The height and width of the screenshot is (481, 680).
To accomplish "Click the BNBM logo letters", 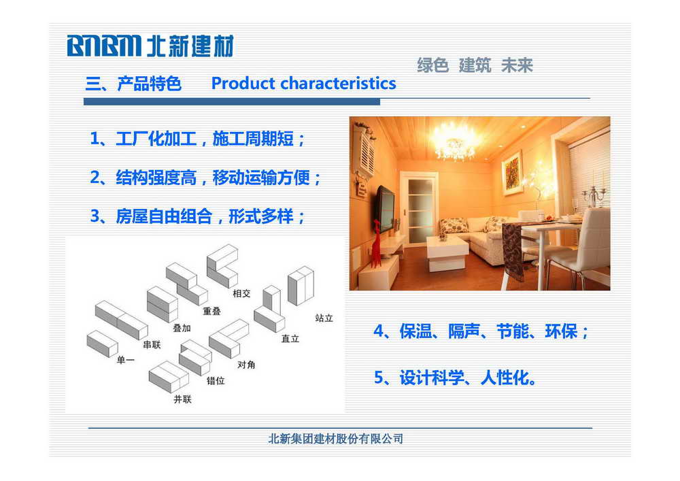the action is click(x=104, y=46).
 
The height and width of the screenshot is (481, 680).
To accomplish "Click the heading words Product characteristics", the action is click(x=303, y=83).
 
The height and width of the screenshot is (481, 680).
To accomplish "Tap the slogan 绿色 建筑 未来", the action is click(x=475, y=65).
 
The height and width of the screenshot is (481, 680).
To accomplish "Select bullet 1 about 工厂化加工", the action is click(x=197, y=139).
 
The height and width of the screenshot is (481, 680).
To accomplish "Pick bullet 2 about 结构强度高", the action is click(x=205, y=178).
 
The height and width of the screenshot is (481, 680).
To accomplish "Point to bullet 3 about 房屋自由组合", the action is click(x=197, y=216).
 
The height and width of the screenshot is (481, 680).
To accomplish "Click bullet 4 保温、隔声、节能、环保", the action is click(x=481, y=331).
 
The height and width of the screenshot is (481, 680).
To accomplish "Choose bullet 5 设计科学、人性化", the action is click(x=455, y=378).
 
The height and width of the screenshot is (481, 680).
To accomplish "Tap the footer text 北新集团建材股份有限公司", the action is click(x=336, y=439).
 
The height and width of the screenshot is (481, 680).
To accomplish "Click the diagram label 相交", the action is click(x=241, y=294).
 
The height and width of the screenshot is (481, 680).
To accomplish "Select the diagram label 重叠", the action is click(x=211, y=311).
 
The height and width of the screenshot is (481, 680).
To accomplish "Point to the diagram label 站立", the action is click(x=324, y=318).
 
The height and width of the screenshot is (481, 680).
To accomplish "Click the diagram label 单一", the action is click(x=126, y=360).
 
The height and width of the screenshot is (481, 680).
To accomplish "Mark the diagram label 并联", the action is click(x=182, y=399).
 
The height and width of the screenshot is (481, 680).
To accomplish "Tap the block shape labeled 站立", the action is click(x=301, y=286).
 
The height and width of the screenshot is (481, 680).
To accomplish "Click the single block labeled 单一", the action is click(x=103, y=344).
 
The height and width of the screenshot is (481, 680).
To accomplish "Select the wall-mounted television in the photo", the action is click(x=385, y=208).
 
